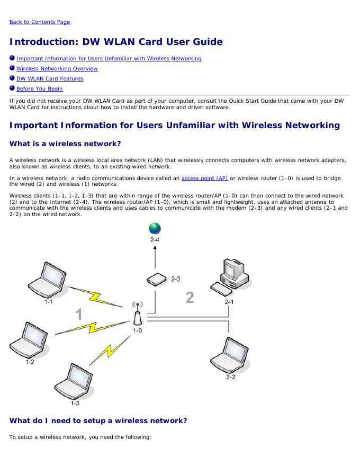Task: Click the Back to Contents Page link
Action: pos(40,22)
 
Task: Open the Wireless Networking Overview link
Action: pos(57,68)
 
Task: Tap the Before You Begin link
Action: pos(39,88)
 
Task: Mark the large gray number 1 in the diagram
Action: pos(78,315)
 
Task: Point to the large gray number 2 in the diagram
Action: pos(189,297)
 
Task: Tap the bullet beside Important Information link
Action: pos(12,58)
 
